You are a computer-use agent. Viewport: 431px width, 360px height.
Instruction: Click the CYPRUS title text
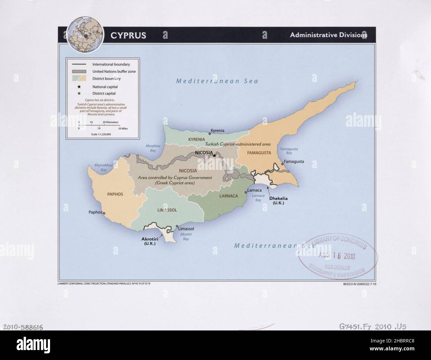coord(128,36)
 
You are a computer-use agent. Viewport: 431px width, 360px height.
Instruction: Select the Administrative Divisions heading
coord(328,35)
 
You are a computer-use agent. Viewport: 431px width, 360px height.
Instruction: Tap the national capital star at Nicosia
coord(215,155)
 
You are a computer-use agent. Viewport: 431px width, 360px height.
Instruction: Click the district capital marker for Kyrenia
coord(210,133)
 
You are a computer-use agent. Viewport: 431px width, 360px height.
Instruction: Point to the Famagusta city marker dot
coord(282,164)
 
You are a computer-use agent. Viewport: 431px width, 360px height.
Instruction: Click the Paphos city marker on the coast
coord(104,213)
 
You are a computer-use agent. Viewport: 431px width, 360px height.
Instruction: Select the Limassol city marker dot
coord(177,226)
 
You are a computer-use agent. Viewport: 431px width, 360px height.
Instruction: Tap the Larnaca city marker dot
coord(245,192)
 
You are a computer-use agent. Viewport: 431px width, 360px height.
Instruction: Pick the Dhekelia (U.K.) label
coord(278,200)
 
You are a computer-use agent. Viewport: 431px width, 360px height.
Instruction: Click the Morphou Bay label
coord(151,148)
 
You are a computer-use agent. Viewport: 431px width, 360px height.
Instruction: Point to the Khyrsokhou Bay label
coord(104,167)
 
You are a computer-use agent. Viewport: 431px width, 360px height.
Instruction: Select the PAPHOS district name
coord(115,194)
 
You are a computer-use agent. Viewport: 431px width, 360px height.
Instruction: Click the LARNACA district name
coord(228,196)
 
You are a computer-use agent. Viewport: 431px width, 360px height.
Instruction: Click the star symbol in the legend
coord(79,87)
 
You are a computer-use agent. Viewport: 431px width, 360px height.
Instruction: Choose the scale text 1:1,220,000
coord(101,134)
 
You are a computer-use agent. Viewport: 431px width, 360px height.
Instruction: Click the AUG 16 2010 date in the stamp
coord(337,256)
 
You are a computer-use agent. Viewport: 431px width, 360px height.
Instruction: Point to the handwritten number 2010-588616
coord(23,327)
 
